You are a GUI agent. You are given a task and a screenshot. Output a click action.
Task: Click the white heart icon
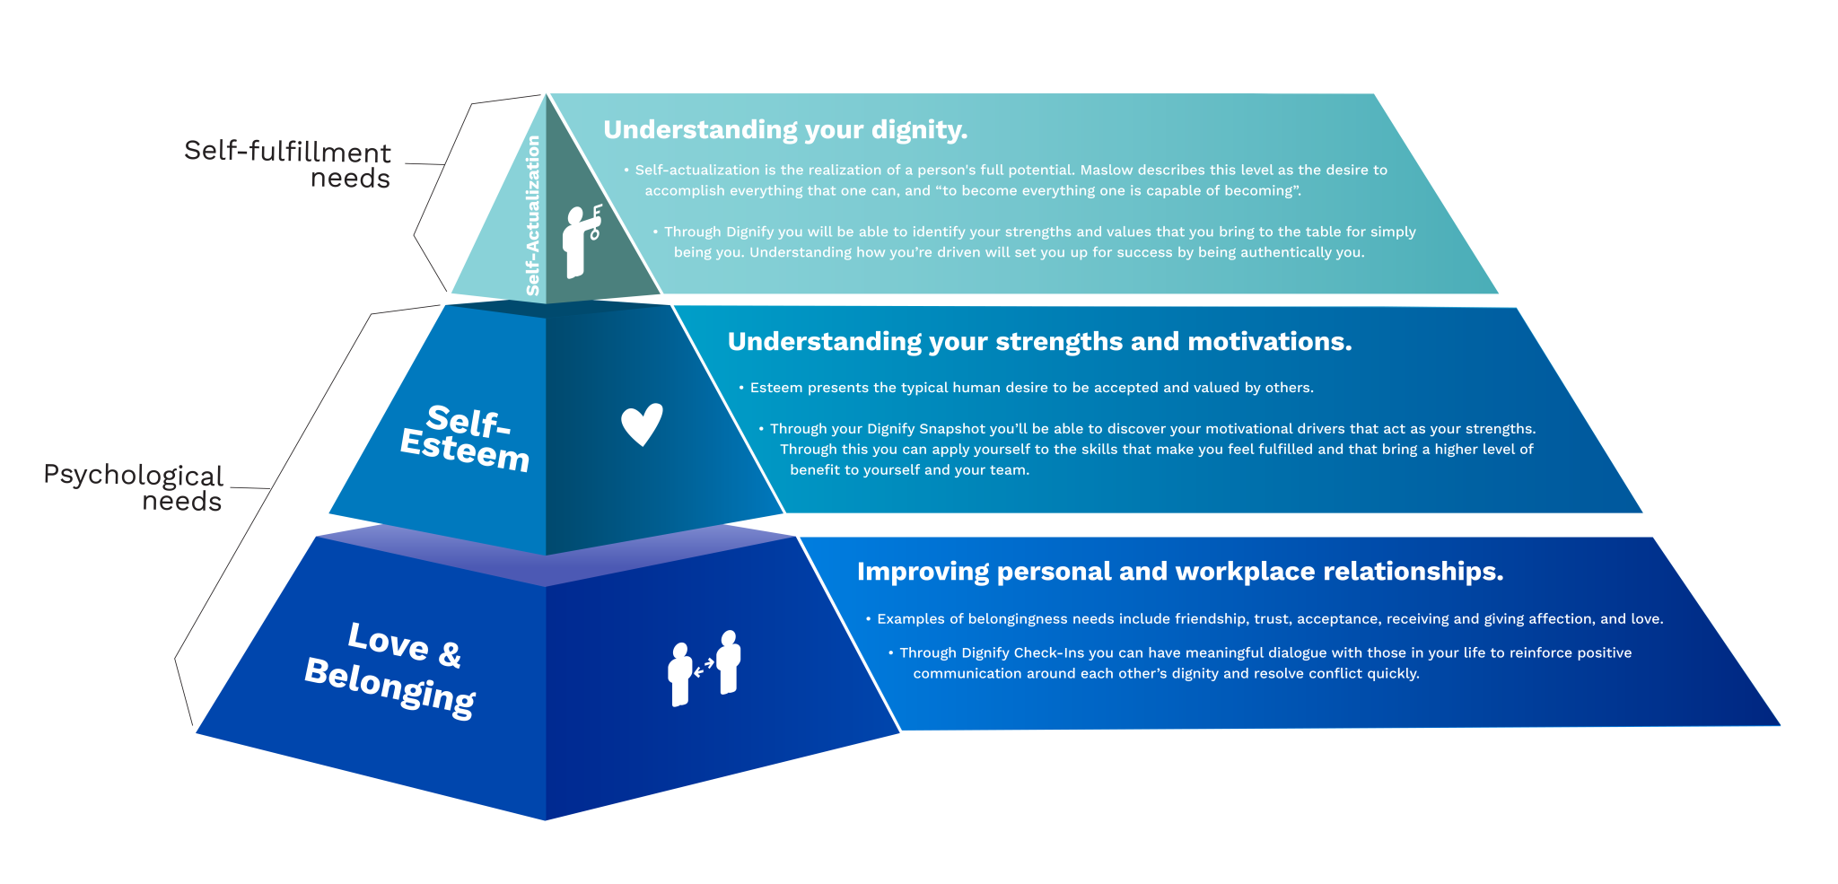click(x=642, y=424)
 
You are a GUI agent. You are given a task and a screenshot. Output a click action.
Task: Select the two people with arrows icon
click(x=705, y=668)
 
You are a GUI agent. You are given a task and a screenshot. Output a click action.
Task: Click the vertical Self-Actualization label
click(x=533, y=215)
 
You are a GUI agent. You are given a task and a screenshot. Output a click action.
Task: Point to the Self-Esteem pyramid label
click(x=466, y=437)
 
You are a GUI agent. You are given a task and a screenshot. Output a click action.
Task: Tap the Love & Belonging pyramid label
click(x=391, y=669)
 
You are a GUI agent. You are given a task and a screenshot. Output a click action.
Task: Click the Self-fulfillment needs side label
click(x=287, y=163)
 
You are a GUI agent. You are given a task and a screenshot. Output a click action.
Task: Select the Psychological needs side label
click(x=133, y=487)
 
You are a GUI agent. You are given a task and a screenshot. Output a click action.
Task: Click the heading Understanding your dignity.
click(x=785, y=130)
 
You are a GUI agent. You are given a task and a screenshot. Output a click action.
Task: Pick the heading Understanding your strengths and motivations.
click(x=1039, y=342)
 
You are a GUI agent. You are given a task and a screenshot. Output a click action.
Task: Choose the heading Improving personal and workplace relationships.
click(x=1180, y=572)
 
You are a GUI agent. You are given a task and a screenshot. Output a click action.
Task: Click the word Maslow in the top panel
click(x=1107, y=170)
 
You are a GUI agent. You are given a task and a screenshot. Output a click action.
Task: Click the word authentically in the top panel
click(x=1270, y=252)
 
